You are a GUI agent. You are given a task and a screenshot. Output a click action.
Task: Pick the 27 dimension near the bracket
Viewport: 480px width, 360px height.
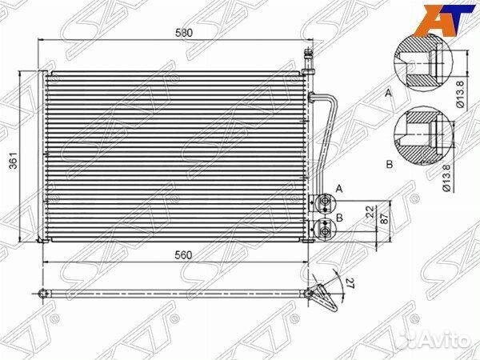click(348, 282)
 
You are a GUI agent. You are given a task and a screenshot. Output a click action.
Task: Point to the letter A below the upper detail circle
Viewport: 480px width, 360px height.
click(390, 94)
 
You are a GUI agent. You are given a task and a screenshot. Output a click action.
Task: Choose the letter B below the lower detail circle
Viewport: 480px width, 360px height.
click(390, 164)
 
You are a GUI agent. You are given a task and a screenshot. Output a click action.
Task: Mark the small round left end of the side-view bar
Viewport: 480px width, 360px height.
click(39, 294)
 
